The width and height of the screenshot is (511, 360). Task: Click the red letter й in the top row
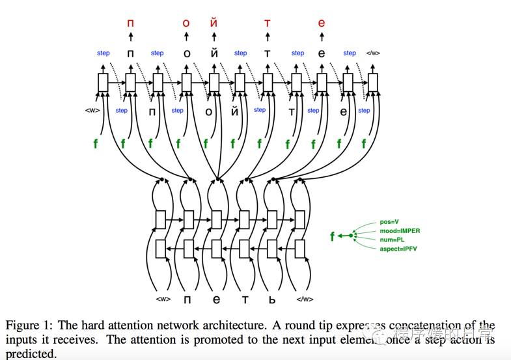pos(214,23)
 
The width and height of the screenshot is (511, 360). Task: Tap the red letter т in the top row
pos(267,23)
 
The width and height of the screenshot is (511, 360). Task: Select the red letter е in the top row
pos(321,23)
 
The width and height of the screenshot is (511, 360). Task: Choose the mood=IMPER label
pos(400,231)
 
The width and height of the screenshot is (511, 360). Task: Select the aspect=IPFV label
pos(398,249)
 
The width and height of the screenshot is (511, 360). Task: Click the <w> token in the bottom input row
pos(163,299)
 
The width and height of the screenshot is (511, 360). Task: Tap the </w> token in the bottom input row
pos(305,299)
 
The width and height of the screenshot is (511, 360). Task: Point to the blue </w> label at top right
pos(373,53)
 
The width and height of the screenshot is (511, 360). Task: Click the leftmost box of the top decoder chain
pos(103,83)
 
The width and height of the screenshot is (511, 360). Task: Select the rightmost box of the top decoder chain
pos(373,83)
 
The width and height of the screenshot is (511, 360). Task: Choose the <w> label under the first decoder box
pos(92,110)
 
